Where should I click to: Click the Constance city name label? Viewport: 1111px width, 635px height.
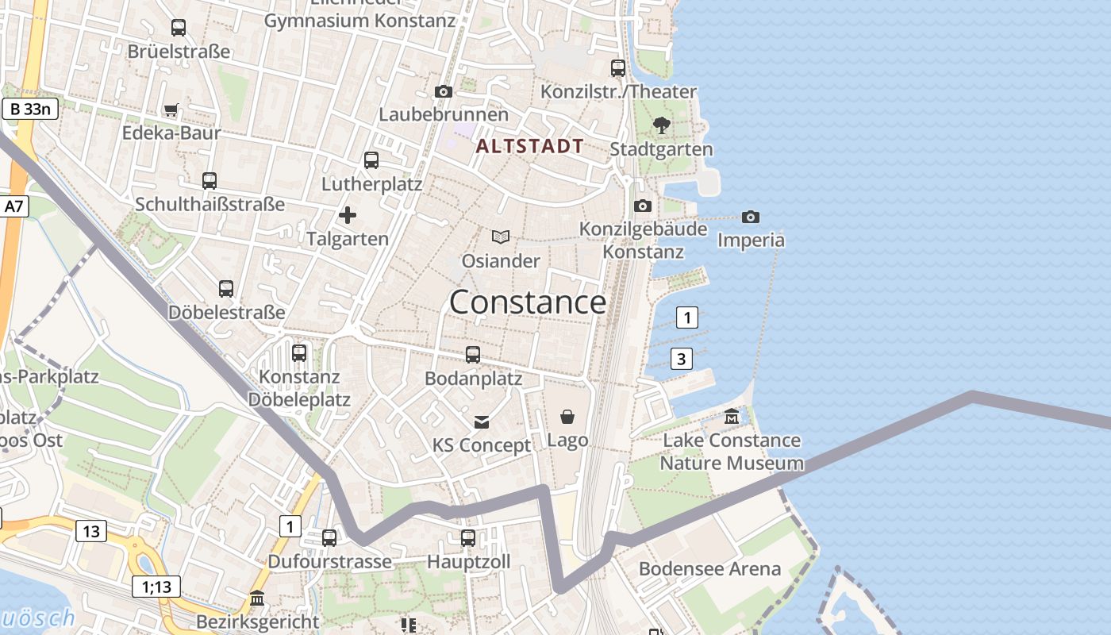528,302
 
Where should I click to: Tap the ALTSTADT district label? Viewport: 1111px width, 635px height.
530,146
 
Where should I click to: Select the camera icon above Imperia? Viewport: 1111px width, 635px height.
750,217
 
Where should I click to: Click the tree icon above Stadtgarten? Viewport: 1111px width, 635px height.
661,125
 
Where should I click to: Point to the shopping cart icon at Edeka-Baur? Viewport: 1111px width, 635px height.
171,110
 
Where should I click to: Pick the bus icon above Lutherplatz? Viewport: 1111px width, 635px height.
371,160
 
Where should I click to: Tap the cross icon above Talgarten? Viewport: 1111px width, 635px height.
348,215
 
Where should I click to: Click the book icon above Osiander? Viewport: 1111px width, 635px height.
501,237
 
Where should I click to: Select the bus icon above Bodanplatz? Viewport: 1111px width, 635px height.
473,355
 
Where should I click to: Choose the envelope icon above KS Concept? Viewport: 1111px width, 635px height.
482,421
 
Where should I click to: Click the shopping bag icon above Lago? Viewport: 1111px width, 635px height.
567,417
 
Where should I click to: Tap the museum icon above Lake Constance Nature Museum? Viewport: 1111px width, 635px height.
732,416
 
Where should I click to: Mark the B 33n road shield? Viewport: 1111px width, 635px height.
31,109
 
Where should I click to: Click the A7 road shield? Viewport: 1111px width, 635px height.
14,206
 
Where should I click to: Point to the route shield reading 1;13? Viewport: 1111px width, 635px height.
156,587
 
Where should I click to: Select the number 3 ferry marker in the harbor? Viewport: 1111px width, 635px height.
681,359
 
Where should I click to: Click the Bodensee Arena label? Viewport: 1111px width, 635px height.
709,569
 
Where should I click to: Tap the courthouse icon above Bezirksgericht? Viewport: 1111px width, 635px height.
257,598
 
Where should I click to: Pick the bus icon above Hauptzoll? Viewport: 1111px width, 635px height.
468,538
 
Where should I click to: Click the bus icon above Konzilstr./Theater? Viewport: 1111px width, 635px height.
618,68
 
